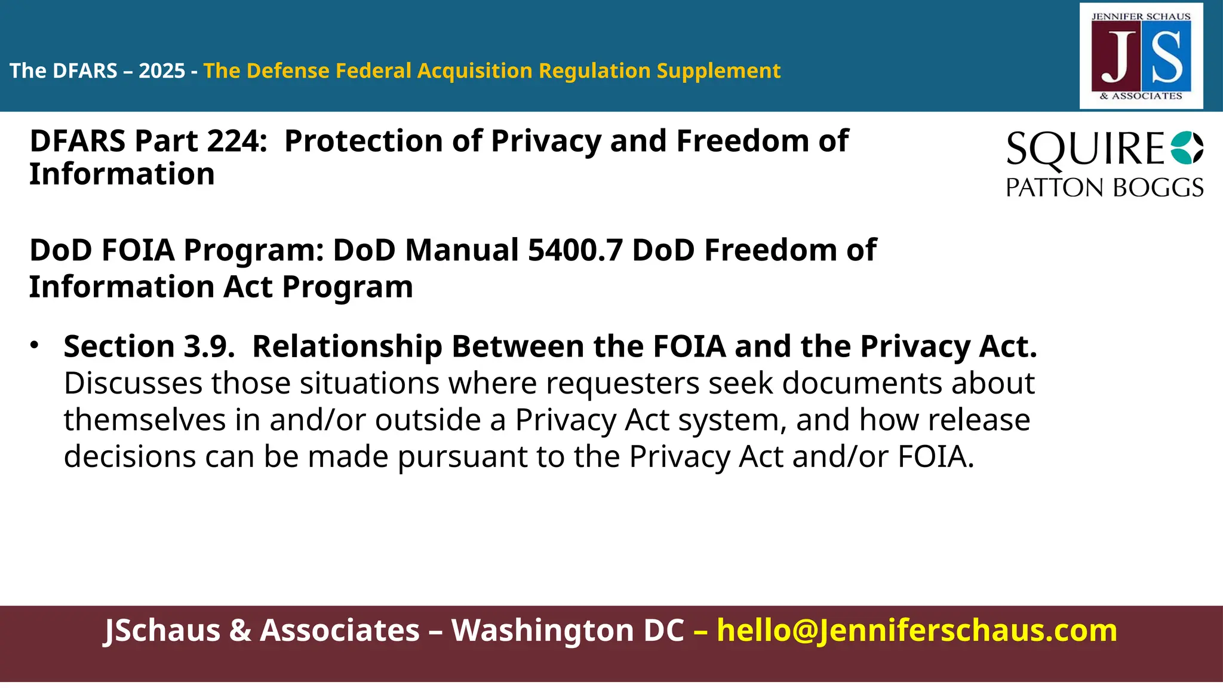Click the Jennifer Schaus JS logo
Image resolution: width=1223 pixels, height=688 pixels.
click(1141, 56)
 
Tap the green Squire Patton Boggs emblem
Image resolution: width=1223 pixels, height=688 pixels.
click(1187, 148)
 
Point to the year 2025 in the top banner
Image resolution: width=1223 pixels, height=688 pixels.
click(162, 71)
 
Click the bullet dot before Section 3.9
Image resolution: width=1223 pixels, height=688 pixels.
click(35, 345)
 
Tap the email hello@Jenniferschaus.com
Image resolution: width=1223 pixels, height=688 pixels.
click(917, 631)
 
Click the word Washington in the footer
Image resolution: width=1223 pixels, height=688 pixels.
click(567, 631)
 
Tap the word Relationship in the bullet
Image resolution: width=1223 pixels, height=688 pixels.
click(347, 346)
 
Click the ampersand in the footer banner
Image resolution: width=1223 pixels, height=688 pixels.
click(240, 631)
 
